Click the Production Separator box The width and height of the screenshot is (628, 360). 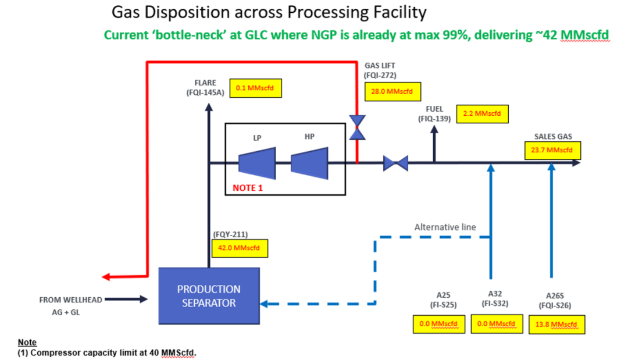click(209, 295)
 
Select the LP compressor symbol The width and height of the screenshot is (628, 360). click(257, 160)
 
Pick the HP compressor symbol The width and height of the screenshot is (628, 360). click(309, 160)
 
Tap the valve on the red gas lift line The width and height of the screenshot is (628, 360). click(357, 127)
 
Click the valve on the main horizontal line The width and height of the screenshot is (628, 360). click(396, 163)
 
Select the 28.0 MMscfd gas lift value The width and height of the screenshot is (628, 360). click(392, 91)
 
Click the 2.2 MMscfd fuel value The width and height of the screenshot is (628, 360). click(483, 114)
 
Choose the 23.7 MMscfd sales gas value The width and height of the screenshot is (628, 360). click(552, 151)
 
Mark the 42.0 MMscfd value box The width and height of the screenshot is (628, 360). click(239, 248)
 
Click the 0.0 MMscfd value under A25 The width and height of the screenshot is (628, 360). click(438, 324)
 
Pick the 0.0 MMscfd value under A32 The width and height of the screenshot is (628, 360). click(495, 324)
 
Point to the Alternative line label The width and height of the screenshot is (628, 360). click(445, 227)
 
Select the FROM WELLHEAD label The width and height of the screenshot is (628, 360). click(70, 300)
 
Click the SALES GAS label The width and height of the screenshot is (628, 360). click(553, 137)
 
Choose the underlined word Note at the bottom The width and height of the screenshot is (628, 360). click(27, 343)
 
